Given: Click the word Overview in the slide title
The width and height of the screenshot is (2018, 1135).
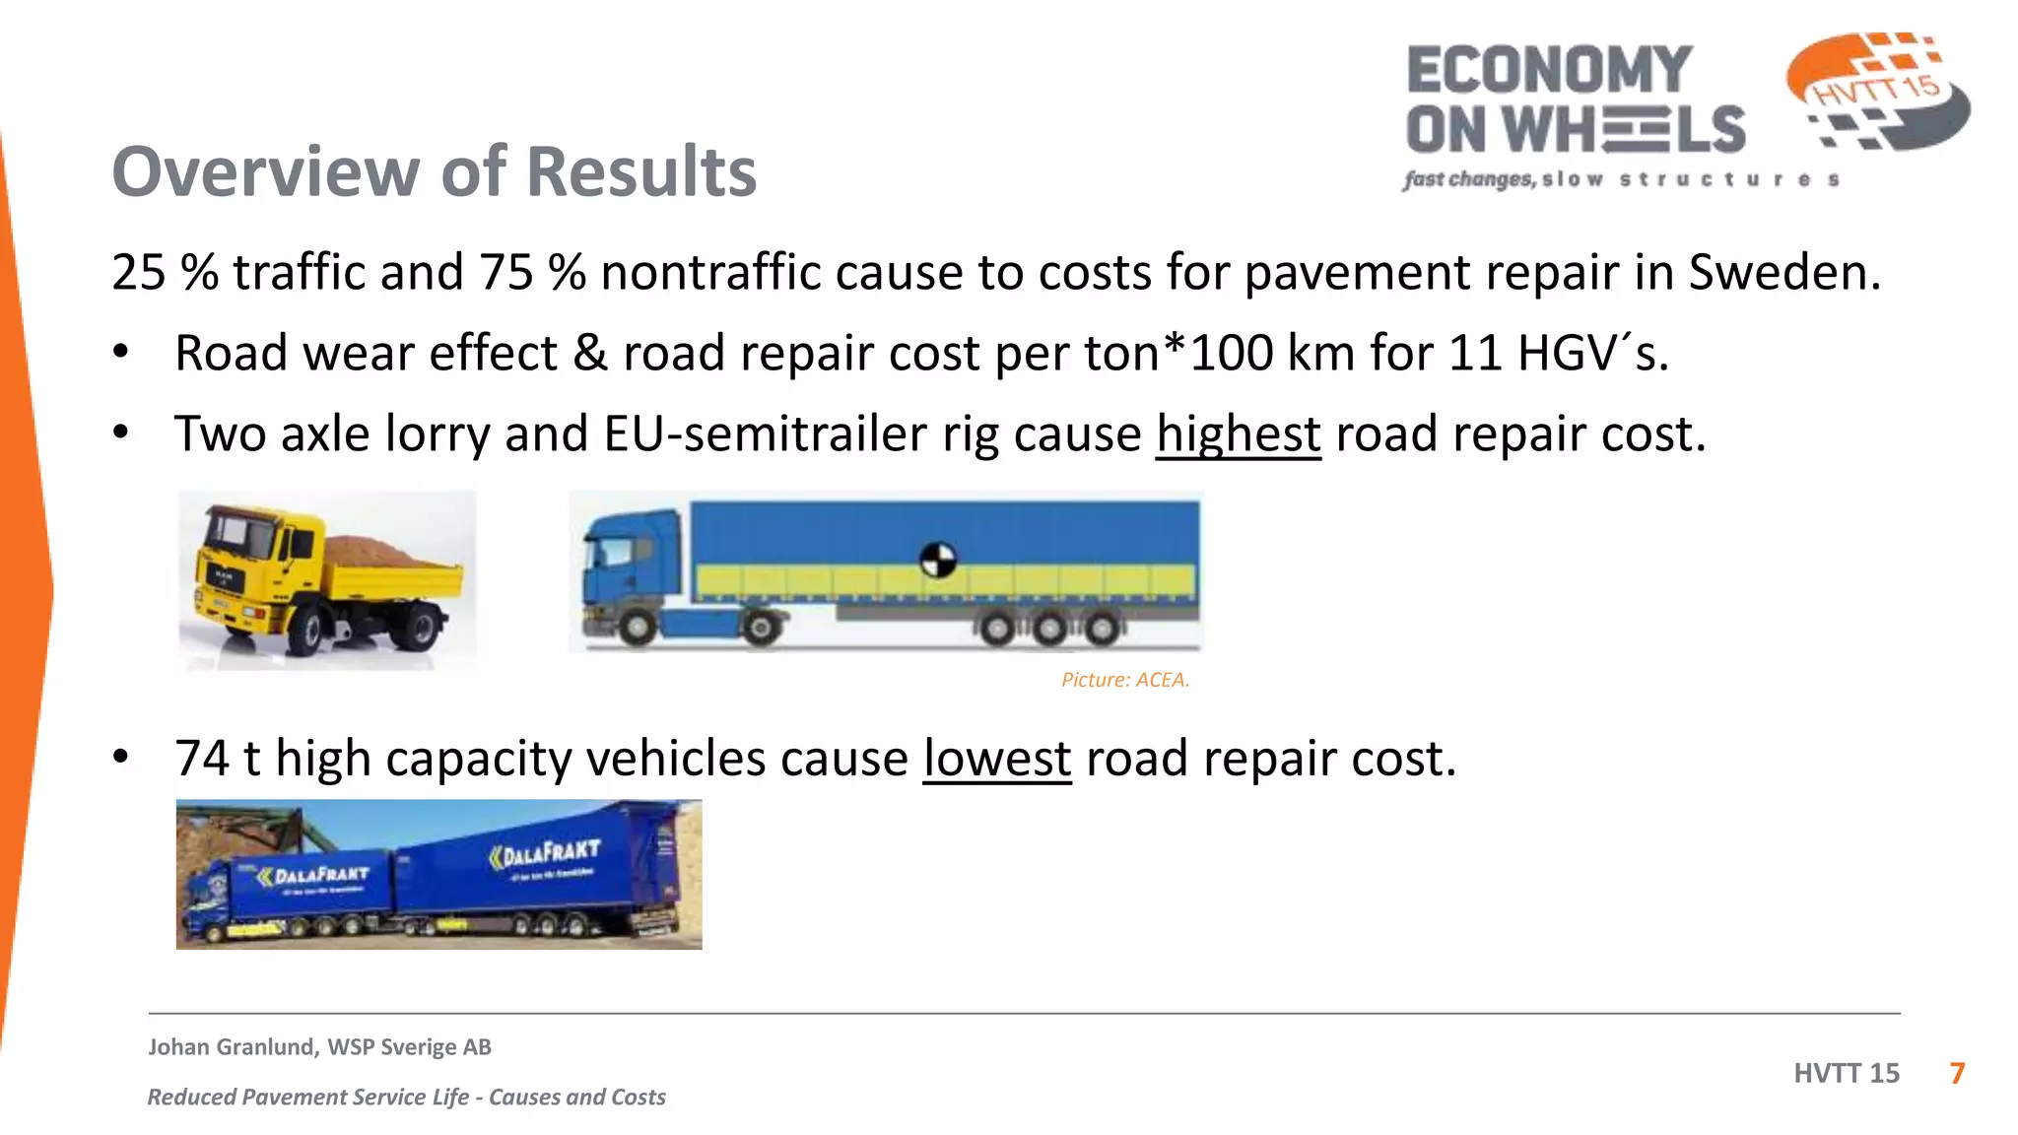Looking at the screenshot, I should coord(265,172).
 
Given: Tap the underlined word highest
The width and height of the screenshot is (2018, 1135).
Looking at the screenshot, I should coord(1238,434).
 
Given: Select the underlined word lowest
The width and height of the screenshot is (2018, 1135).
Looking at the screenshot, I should coord(996,760).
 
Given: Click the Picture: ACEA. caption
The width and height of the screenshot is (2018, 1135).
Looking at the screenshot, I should coord(1124,680).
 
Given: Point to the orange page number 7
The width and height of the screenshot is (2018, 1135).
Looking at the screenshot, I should coord(1957,1073).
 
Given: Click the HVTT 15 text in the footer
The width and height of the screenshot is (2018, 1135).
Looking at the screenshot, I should coord(1846,1073).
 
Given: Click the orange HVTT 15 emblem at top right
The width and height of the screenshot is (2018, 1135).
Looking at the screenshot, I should coord(1877,91).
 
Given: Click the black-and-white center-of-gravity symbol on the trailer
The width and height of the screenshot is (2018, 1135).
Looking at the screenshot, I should coord(937,560).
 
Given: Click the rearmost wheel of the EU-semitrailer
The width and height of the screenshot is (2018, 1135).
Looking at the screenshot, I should coord(1103,628).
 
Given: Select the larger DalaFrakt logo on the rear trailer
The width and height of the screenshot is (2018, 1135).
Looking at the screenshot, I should coord(545,852).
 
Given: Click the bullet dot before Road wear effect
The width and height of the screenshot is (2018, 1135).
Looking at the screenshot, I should coord(120,353).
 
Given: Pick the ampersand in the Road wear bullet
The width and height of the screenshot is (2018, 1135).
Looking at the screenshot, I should coord(589,354).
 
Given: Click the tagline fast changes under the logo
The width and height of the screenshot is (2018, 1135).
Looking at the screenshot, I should coord(1468,179).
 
